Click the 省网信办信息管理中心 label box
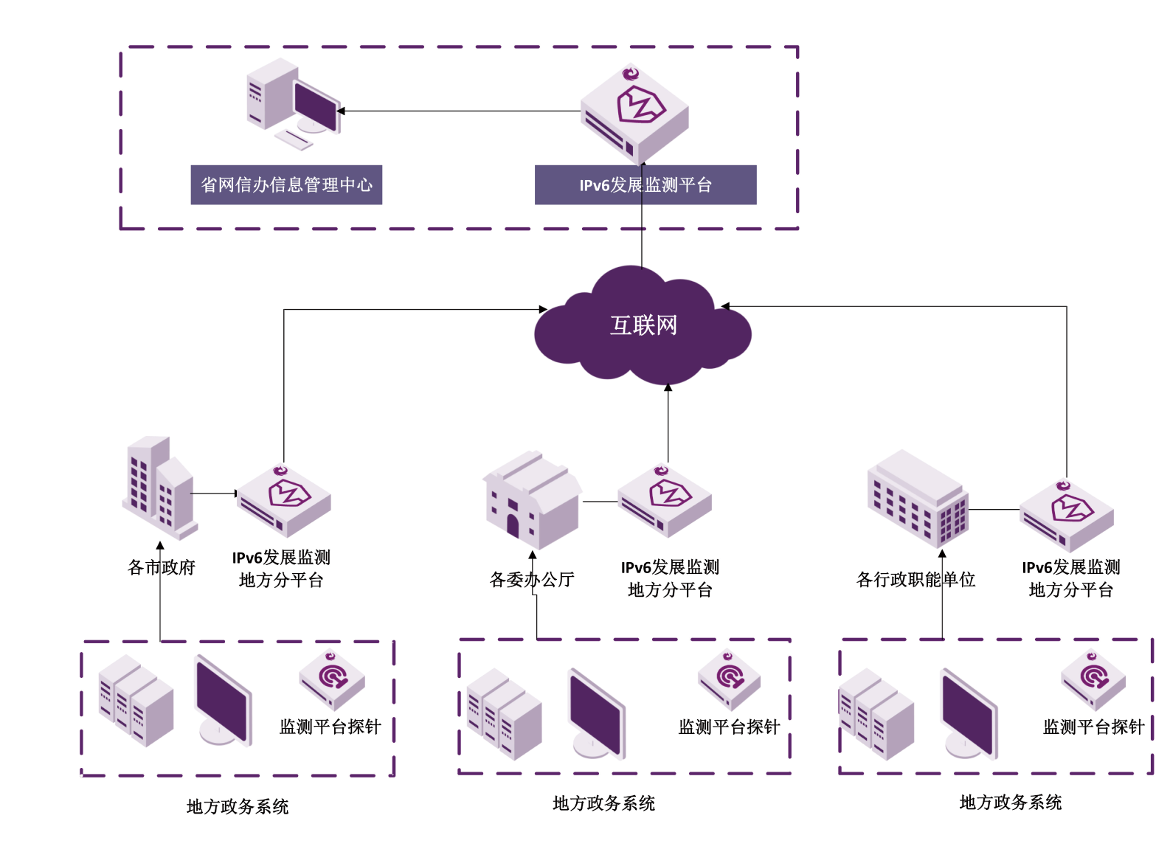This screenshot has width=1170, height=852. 286,184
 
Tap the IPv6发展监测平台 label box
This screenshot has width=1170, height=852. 645,184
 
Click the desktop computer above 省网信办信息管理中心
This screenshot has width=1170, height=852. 293,103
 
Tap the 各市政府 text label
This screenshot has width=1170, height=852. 162,567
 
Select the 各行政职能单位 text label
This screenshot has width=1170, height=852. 915,580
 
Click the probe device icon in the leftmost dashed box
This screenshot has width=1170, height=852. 332,679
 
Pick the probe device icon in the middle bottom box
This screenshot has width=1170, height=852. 729,679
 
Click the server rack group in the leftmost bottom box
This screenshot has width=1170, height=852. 136,700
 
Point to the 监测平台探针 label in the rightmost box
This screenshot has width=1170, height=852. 1093,727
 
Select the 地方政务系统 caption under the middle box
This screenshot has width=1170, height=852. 603,803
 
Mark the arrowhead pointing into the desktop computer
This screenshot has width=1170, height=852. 341,111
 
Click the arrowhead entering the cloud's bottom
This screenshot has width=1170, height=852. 668,387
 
